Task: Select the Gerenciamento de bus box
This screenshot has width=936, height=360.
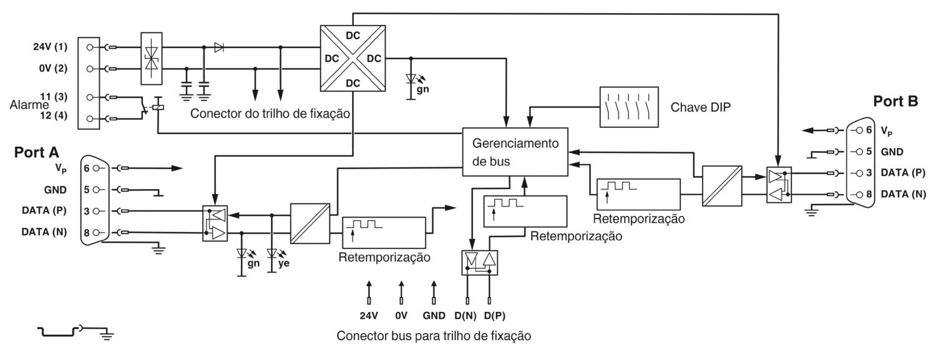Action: coord(515,152)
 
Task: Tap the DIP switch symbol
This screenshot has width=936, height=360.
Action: coord(628,107)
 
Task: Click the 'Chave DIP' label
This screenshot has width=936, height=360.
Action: coord(701,107)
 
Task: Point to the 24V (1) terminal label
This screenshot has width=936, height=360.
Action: coord(50,47)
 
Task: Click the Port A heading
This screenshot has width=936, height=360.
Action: coord(37,152)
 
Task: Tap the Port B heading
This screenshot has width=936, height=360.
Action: coord(895,101)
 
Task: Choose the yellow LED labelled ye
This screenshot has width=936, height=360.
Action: coord(272,255)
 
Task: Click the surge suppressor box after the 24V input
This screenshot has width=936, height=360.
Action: coord(152,58)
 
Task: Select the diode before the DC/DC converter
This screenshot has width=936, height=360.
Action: coord(218,47)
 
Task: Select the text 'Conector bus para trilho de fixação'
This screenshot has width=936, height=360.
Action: coord(434,336)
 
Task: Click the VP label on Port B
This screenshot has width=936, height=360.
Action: coord(887,131)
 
